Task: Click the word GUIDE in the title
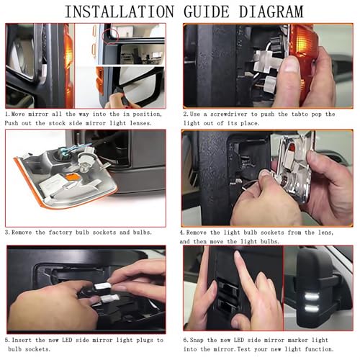click(207, 12)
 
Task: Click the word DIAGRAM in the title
click(271, 12)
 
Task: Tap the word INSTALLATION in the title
click(120, 12)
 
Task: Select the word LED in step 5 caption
click(67, 340)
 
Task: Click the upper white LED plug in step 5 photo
click(103, 286)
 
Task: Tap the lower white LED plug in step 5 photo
click(110, 298)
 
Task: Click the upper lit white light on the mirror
click(312, 297)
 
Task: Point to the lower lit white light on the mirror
click(312, 308)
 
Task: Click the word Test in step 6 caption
click(244, 349)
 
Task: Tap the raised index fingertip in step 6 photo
click(238, 255)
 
